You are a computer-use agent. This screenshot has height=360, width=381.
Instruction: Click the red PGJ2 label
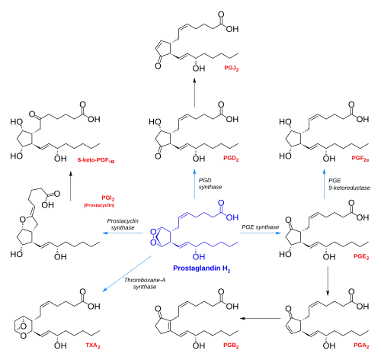232,68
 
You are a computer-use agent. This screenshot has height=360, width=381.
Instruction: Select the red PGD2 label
231,159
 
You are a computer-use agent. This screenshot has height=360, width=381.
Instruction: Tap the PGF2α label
360,159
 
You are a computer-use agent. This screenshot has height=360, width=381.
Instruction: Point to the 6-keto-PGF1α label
96,160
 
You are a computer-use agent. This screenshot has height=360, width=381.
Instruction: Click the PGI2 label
108,198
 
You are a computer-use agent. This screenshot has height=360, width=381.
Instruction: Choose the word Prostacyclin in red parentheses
99,205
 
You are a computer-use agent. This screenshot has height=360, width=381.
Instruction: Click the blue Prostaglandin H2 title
202,268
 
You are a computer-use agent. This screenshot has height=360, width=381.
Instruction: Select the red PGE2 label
361,256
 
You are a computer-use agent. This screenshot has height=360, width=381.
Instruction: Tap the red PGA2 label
361,346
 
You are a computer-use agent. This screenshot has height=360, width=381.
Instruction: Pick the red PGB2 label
231,346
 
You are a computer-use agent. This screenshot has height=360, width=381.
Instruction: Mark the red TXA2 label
93,346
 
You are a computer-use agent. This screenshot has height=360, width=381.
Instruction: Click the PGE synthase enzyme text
261,227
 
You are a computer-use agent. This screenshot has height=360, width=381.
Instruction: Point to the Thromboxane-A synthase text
145,284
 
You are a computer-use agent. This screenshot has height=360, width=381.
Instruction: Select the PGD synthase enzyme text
210,184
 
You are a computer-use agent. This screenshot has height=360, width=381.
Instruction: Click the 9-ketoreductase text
349,188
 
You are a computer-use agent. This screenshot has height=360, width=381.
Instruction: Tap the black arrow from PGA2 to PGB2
261,318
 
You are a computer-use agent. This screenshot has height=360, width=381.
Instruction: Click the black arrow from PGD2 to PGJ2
194,92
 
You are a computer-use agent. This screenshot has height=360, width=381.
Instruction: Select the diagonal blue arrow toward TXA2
127,274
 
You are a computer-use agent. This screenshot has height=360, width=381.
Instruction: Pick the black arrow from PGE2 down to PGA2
328,281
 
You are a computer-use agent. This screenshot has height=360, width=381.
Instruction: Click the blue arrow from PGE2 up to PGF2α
324,184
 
